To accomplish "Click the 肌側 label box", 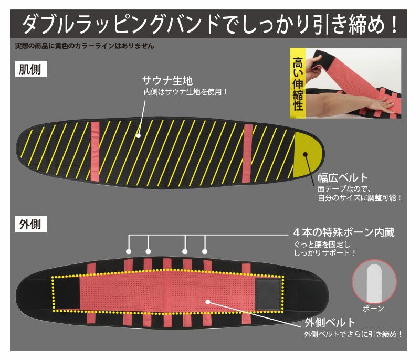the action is (x=31, y=69).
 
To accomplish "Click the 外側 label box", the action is (x=31, y=224).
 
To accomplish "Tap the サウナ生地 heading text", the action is (x=167, y=81).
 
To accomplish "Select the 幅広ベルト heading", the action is (x=343, y=178).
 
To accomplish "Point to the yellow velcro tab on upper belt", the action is (x=307, y=155).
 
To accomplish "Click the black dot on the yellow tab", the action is (x=305, y=154).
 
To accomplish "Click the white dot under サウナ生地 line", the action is (x=138, y=136).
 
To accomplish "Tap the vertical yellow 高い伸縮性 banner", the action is (x=298, y=83).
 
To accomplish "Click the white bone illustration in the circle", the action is (x=374, y=283).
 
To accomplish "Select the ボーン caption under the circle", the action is (x=373, y=309).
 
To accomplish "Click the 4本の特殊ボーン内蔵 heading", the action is (x=344, y=232).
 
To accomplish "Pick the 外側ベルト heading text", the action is (x=330, y=323).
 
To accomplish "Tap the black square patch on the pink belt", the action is (x=268, y=294).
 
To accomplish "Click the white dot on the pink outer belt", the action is (x=207, y=302).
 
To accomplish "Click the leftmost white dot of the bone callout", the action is (x=129, y=251).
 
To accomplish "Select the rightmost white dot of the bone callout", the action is (x=205, y=251).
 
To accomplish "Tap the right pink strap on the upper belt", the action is (x=247, y=153).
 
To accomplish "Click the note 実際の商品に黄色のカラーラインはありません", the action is (x=85, y=46).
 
